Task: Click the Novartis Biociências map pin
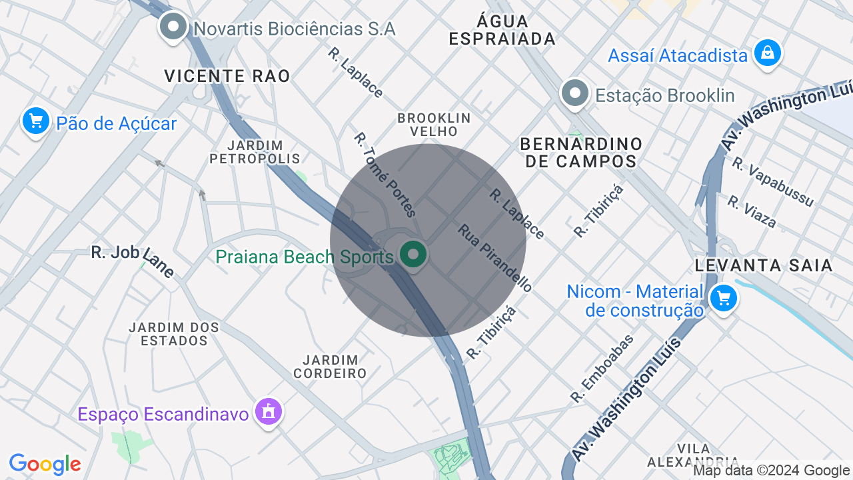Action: (x=174, y=27)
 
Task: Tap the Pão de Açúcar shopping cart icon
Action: (x=36, y=121)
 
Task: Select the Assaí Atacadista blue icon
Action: (x=767, y=53)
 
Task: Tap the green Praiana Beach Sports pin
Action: (x=413, y=255)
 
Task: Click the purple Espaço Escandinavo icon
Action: (x=269, y=412)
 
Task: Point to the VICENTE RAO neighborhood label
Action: (x=227, y=76)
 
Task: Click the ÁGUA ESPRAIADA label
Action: (x=502, y=30)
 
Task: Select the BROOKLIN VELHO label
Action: (x=434, y=125)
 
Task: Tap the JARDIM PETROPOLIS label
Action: (x=255, y=152)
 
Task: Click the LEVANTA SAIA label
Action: (x=764, y=265)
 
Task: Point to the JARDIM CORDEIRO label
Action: (x=331, y=367)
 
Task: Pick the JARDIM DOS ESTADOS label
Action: (x=174, y=334)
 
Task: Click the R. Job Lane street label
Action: (x=133, y=261)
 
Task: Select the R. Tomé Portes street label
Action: (x=385, y=175)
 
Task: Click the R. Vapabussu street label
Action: (x=772, y=181)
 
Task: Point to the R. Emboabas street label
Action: (x=602, y=368)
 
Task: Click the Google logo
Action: (x=45, y=464)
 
